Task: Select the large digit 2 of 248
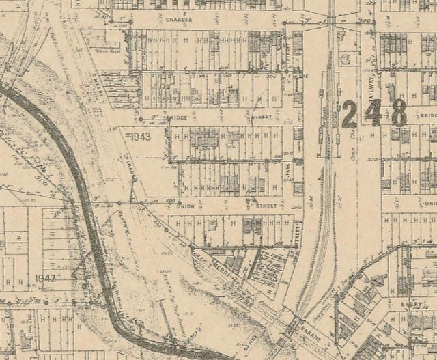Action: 350,114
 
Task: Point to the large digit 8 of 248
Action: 398,113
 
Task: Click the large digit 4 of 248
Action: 373,114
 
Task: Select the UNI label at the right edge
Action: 429,204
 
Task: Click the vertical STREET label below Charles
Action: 288,53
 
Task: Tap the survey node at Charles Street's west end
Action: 130,23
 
